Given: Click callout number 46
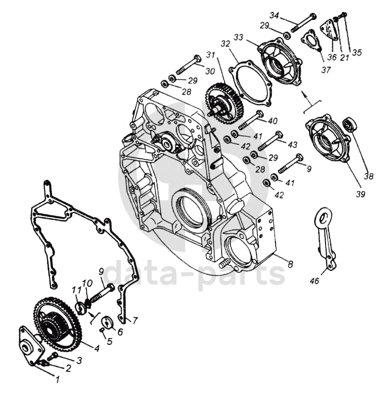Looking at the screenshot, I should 314,280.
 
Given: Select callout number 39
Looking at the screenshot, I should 361,193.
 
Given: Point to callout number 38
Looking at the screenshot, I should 369,176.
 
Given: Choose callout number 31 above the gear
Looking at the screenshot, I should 210,55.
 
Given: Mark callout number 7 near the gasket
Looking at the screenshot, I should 136,319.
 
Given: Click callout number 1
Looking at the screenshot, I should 55,376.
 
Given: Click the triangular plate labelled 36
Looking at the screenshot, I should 329,31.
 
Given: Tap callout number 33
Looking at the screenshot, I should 238,37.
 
